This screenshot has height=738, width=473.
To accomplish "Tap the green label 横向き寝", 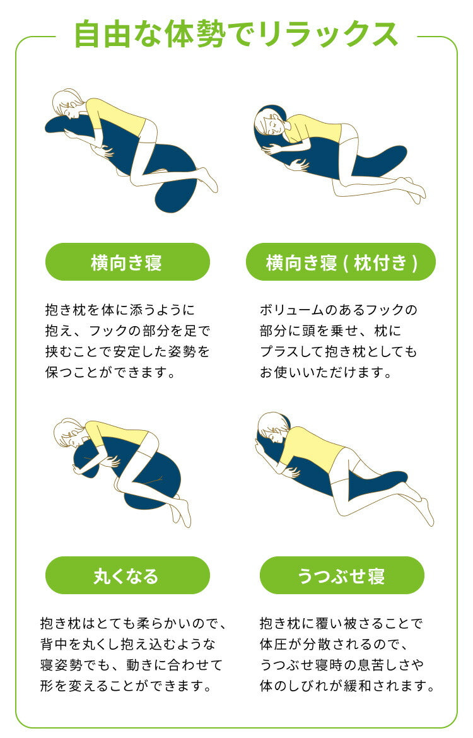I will click(x=127, y=262).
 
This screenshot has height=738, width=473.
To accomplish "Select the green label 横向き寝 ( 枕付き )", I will click(x=341, y=262).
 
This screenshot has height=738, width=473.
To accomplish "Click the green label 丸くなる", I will click(x=127, y=575).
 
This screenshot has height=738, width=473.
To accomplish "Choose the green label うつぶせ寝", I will click(x=341, y=575).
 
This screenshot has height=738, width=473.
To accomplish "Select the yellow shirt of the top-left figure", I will click(x=117, y=115).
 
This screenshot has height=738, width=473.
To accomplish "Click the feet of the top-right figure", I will click(x=413, y=190).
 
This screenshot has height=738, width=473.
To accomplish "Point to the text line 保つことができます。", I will click(x=110, y=372).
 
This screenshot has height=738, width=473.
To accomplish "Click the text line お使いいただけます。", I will click(x=326, y=372).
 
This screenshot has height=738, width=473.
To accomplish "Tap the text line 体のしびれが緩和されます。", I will click(x=347, y=686).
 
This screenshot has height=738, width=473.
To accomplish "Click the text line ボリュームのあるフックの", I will click(x=338, y=310).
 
